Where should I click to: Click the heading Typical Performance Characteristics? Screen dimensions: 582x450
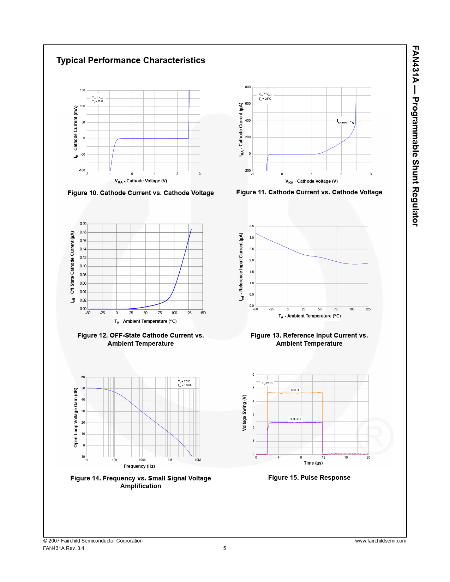pos(131,60)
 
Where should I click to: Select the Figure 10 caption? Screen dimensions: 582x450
pos(140,193)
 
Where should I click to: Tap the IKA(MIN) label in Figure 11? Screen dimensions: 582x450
pos(342,122)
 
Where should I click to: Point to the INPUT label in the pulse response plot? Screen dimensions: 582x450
pos(295,390)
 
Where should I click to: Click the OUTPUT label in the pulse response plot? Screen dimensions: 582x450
pos(295,419)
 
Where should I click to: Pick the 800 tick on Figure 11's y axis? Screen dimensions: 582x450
pos(248,87)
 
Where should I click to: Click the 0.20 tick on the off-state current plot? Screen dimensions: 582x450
pos(83,224)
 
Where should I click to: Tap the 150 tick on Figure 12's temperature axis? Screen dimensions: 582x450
pos(203,313)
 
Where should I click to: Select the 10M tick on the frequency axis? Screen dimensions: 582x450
pos(198,460)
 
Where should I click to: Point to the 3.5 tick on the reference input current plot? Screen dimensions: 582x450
pos(251,226)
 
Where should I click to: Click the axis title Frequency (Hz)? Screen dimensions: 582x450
pos(139,466)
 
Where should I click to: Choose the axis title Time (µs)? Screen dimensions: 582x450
pos(313,463)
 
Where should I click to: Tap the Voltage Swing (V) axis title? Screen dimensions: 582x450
pos(244,413)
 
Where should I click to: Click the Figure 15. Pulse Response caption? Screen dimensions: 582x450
pos(309,478)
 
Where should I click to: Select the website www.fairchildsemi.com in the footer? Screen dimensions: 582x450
pos(380,541)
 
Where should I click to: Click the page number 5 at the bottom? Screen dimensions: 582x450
pos(224,548)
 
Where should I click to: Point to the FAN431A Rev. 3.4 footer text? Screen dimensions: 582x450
pos(64,548)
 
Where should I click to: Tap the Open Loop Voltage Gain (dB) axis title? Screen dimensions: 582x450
pos(76,418)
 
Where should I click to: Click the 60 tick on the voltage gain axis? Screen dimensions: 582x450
pos(83,377)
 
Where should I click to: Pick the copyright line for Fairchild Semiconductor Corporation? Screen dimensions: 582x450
pos(93,541)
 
